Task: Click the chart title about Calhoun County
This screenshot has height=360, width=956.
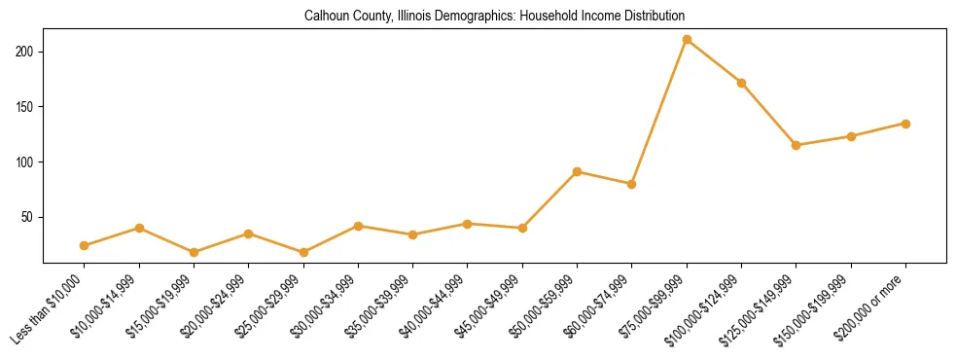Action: point(494,16)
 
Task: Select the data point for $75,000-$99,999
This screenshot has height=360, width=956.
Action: point(687,40)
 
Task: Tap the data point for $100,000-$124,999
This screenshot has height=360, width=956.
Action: point(742,83)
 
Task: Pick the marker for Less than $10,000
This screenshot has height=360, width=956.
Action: point(85,245)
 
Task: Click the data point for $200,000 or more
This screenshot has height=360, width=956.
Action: point(905,124)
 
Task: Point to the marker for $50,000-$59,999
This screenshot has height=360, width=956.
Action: point(578,171)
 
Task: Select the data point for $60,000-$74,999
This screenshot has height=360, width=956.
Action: point(632,184)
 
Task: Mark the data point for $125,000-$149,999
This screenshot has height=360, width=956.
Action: point(797,145)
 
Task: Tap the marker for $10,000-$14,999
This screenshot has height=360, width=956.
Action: point(139,228)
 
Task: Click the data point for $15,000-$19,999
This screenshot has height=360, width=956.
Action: point(195,252)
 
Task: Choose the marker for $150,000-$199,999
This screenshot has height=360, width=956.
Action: point(851,136)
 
